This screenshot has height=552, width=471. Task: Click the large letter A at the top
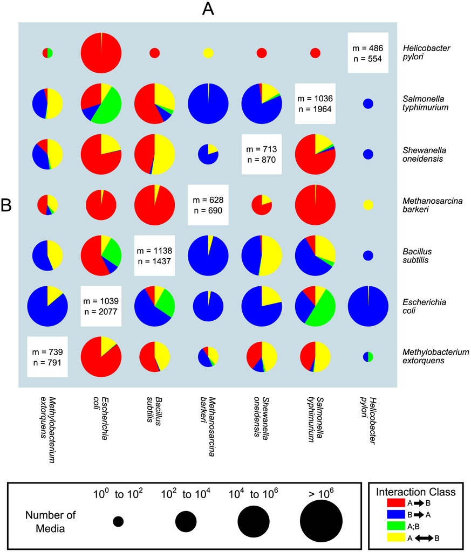tap(208, 9)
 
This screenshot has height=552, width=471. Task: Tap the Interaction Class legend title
tap(415, 492)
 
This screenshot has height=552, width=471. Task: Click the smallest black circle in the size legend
tap(118, 521)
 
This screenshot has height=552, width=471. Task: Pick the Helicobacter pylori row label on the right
tap(426, 53)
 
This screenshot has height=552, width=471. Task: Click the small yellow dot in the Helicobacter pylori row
tap(208, 53)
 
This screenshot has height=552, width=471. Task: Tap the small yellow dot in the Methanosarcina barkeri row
tap(368, 205)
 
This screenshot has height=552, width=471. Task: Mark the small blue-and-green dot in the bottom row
tap(368, 356)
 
